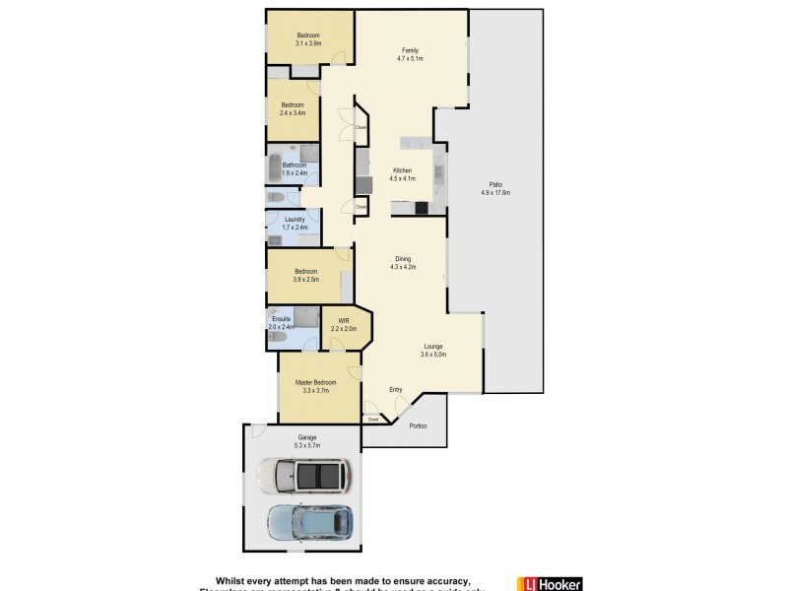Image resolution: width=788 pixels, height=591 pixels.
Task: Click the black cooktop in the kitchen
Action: coord(422,207)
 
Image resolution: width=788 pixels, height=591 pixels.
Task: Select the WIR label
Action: coord(344,321)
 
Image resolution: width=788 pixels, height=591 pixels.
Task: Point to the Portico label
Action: coord(419,426)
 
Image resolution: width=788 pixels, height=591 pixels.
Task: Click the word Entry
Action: coord(395,390)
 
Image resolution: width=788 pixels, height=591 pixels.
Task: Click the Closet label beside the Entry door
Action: coord(373,420)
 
